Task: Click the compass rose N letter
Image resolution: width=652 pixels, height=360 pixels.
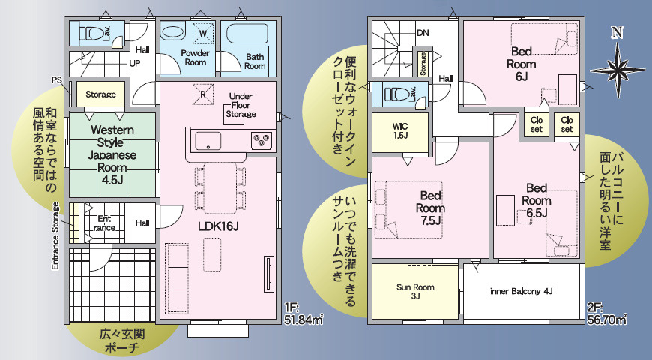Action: (617, 32)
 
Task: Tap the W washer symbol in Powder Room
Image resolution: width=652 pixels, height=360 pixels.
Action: (203, 33)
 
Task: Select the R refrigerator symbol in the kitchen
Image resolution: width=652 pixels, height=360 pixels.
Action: (203, 94)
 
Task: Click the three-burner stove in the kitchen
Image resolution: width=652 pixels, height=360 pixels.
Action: (262, 140)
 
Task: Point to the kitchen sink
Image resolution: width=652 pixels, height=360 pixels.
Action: (208, 142)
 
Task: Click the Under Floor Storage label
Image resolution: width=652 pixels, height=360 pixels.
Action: (241, 105)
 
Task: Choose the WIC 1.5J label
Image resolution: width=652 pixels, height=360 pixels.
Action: (400, 130)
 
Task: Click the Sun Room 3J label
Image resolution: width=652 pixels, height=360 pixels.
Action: (415, 291)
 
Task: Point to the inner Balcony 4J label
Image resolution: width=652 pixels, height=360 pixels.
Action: (522, 291)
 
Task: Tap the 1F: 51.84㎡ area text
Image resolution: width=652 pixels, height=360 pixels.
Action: (304, 313)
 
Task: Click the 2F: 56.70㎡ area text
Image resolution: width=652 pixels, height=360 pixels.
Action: (607, 313)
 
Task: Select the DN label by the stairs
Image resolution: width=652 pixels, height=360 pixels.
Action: (423, 33)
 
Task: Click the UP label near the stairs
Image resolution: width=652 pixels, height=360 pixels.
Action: (135, 63)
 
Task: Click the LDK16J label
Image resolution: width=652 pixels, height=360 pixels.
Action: (218, 226)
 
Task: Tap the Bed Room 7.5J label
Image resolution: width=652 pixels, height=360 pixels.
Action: (430, 208)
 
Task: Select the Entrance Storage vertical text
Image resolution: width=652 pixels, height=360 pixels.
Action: (55, 235)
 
